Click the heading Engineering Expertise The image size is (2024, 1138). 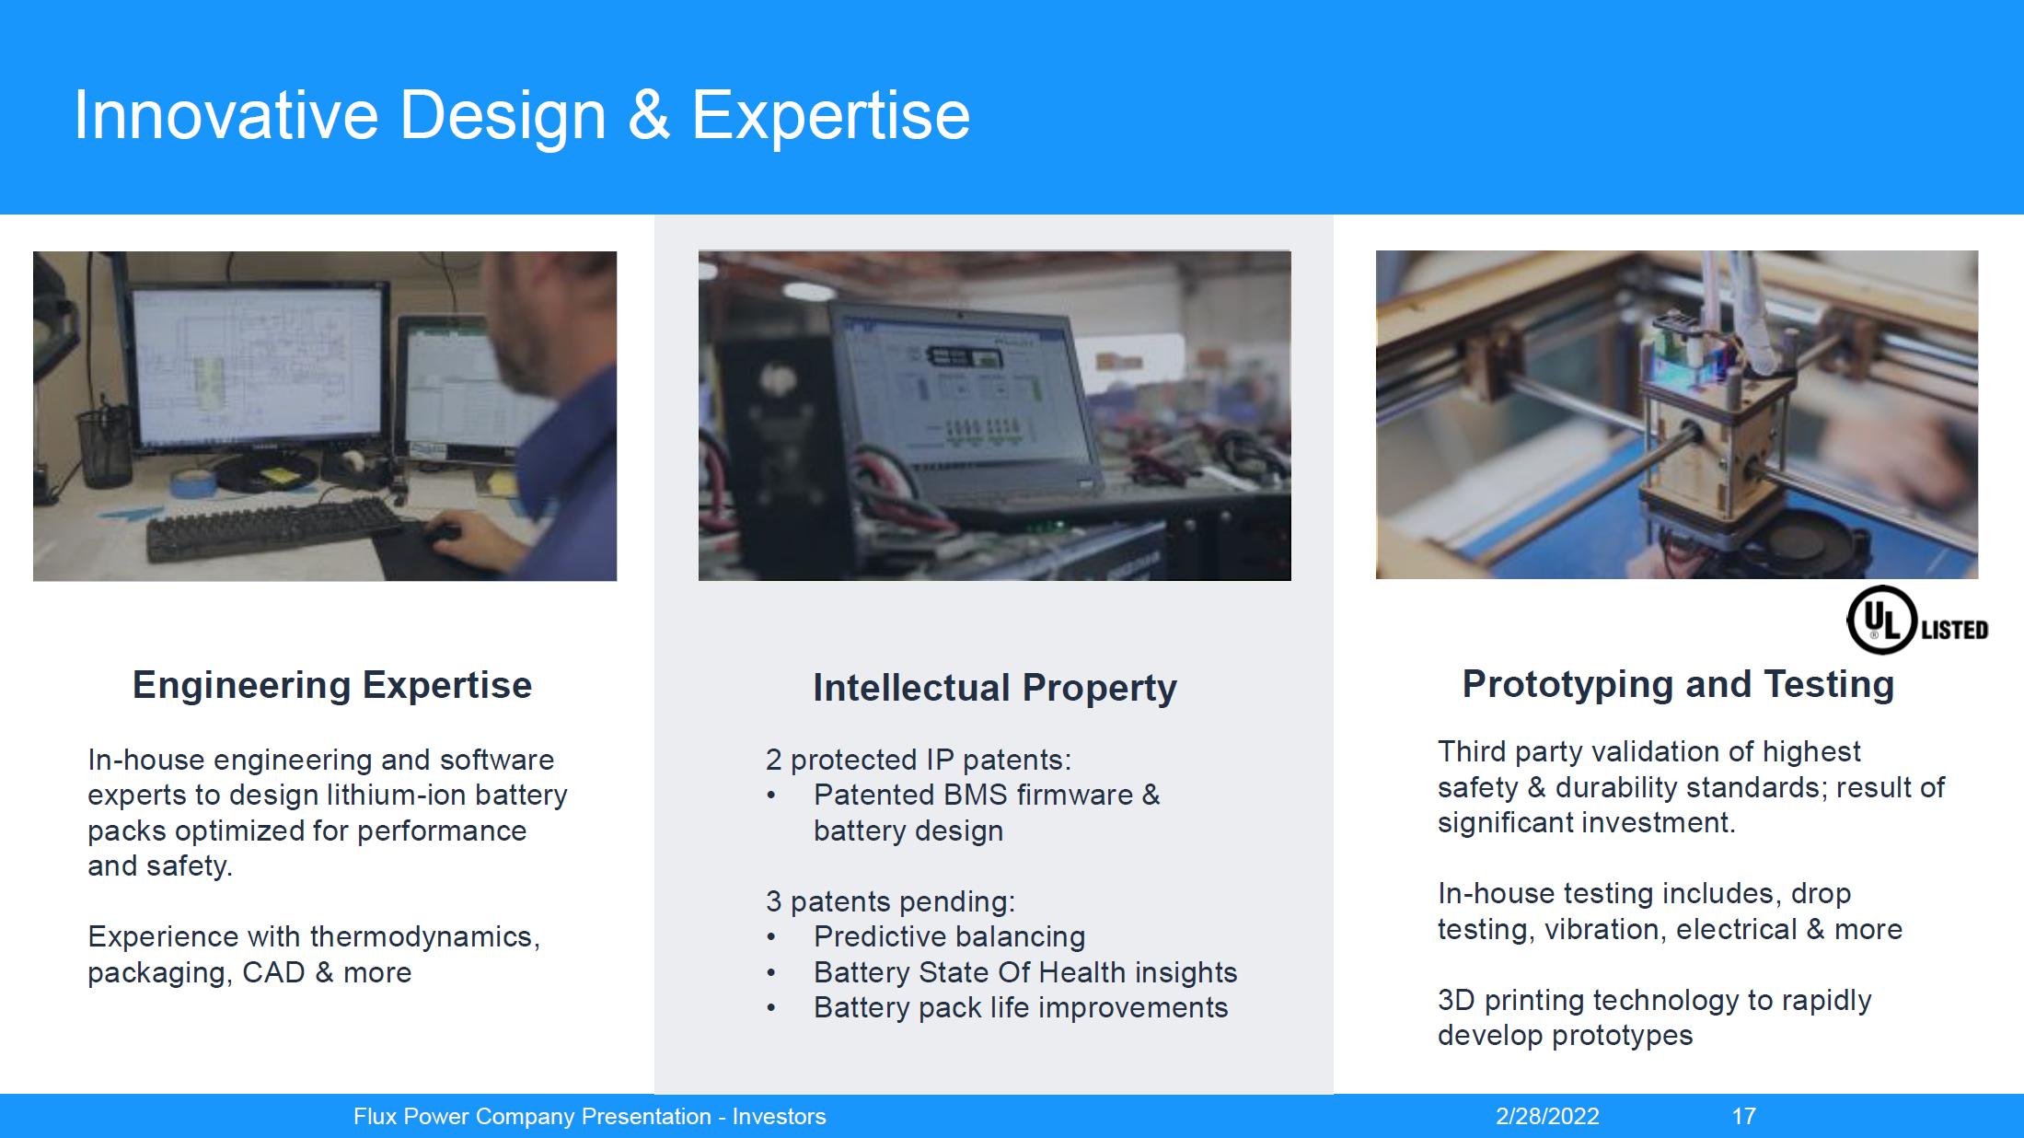332,685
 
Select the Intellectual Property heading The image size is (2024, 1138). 995,688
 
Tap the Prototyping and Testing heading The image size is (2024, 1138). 1678,684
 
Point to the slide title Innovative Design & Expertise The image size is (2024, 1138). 522,115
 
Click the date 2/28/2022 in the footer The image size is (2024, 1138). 1547,1116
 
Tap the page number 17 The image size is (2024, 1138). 1743,1116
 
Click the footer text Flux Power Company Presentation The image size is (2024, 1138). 532,1116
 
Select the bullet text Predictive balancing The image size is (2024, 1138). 949,936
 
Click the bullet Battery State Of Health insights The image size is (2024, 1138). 1025,972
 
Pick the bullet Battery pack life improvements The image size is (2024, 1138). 1021,1007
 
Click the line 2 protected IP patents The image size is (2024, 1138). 919,760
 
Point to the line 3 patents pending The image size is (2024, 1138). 890,901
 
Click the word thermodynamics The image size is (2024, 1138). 424,936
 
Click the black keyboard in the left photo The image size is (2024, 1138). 276,528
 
